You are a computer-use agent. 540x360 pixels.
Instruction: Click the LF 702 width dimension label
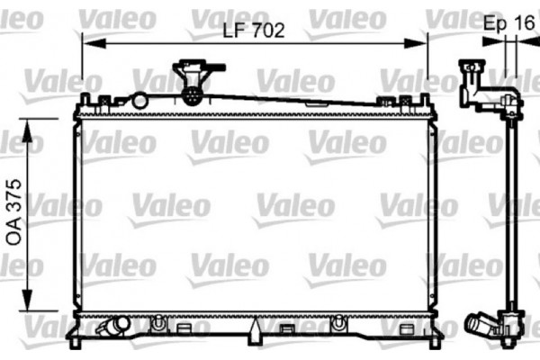click(x=254, y=30)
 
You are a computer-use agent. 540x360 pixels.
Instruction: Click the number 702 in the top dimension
click(x=267, y=30)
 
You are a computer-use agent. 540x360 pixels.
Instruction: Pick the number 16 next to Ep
click(x=526, y=25)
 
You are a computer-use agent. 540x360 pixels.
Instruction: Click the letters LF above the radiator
click(x=232, y=30)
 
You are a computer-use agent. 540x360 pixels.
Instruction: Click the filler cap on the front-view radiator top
click(x=192, y=71)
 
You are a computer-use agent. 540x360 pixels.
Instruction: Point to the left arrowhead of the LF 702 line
click(x=87, y=40)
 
